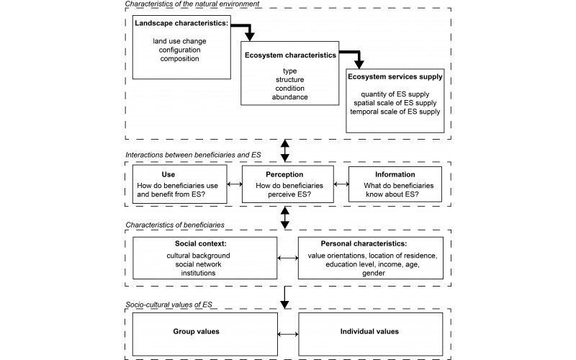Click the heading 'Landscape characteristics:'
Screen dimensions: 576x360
click(181, 23)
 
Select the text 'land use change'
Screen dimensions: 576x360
click(179, 41)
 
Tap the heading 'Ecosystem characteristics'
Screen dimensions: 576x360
click(290, 55)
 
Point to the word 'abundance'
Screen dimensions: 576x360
click(290, 97)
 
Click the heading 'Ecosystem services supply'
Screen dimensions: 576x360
click(395, 77)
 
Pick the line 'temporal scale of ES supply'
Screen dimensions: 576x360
click(395, 112)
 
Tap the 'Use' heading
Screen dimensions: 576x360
click(168, 174)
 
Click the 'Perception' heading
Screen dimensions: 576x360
click(284, 174)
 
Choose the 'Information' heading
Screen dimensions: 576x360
click(395, 174)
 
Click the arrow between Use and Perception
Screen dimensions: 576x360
click(235, 184)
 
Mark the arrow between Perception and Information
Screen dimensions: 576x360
click(341, 184)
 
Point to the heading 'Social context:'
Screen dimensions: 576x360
click(201, 243)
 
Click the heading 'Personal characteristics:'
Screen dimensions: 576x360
click(364, 243)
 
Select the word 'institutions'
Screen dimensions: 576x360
click(198, 273)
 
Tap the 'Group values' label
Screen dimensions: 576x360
click(196, 331)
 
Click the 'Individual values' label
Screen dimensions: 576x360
click(369, 331)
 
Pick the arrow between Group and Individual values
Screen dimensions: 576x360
click(288, 334)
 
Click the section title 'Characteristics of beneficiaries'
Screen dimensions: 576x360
click(175, 225)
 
